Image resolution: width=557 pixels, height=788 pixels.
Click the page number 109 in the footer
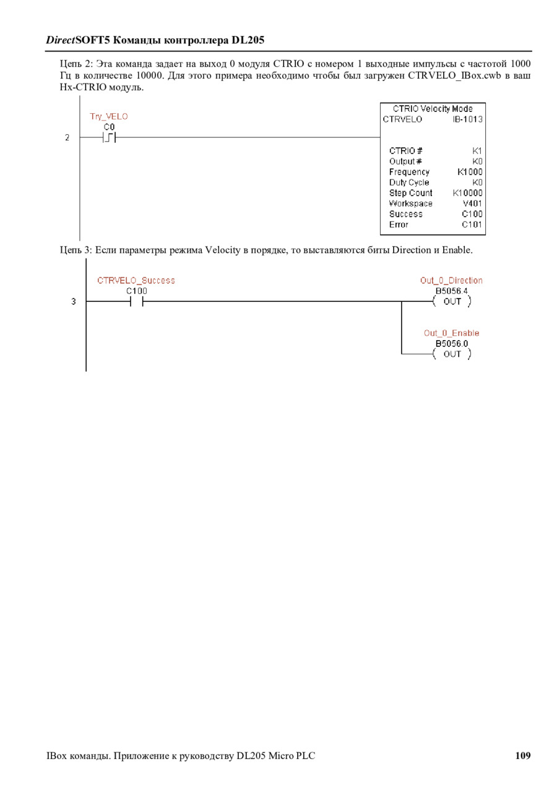tap(522, 755)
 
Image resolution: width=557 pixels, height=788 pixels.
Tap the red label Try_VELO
tap(109, 116)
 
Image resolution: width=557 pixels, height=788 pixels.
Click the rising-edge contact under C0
tap(109, 137)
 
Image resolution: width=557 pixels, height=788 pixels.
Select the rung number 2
tap(67, 137)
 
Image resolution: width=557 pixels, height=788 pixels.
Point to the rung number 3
tap(73, 302)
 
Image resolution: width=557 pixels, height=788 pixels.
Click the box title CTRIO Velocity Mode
tap(433, 109)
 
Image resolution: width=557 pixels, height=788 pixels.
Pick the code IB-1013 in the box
tap(467, 119)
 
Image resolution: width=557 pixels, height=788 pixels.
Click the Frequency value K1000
tap(470, 172)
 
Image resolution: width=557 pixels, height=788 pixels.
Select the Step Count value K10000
tap(467, 193)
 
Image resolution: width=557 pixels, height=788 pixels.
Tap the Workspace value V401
tap(472, 203)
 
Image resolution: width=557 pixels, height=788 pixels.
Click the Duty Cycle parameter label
tap(409, 182)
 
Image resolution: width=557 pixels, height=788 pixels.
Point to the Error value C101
tap(472, 225)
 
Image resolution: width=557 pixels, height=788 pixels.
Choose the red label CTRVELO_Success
tap(136, 281)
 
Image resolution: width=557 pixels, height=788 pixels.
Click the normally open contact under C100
tap(136, 302)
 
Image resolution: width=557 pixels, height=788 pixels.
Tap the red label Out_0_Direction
tap(451, 281)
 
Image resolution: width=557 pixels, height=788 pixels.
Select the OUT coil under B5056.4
tap(452, 302)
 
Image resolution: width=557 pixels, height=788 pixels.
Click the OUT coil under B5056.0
tap(452, 354)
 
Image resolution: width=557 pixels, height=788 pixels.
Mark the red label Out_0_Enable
tap(451, 333)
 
